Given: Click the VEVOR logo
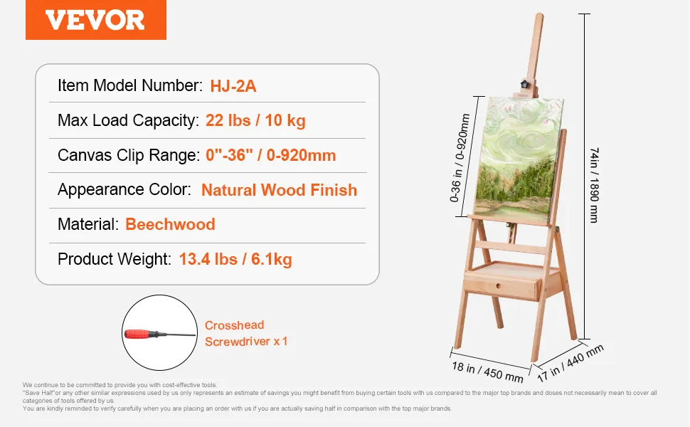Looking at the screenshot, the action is [96, 20].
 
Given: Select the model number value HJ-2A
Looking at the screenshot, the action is [233, 86].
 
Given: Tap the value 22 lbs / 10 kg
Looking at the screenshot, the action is [255, 120].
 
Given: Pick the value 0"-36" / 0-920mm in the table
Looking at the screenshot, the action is [270, 155].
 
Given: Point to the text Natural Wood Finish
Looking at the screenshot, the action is [279, 190].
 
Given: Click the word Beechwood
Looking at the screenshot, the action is [170, 224].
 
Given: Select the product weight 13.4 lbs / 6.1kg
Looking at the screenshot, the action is [235, 259].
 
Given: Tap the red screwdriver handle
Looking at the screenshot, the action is [140, 334].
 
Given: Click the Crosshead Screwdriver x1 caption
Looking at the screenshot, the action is [246, 333].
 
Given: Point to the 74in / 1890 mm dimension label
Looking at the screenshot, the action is [594, 185].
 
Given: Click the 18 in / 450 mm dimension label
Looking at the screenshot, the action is [487, 372].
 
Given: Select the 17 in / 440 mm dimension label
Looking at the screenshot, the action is [570, 363].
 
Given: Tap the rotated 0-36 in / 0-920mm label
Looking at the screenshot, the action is [460, 157].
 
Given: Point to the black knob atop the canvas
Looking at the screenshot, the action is [524, 84].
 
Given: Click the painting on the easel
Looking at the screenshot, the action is [519, 160].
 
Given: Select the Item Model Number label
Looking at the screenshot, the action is [130, 85].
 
